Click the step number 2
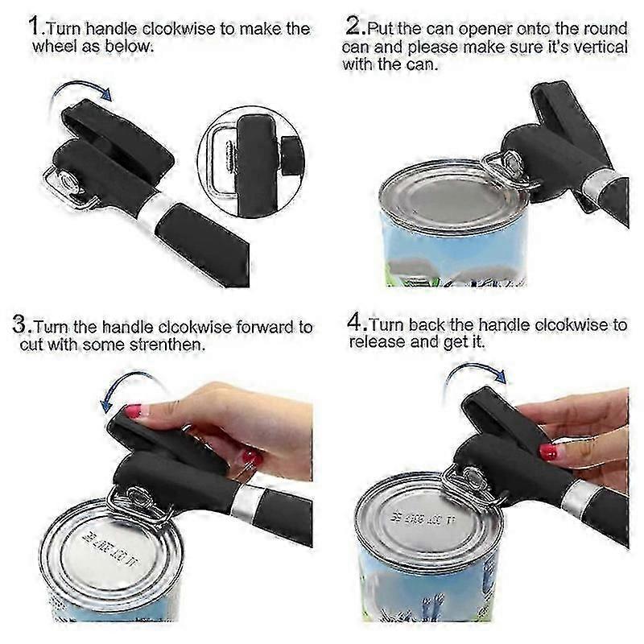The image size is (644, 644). click(354, 26)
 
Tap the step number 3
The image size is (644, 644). click(21, 327)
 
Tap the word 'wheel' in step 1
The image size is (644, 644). click(56, 46)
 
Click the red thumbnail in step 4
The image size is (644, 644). click(548, 451)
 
